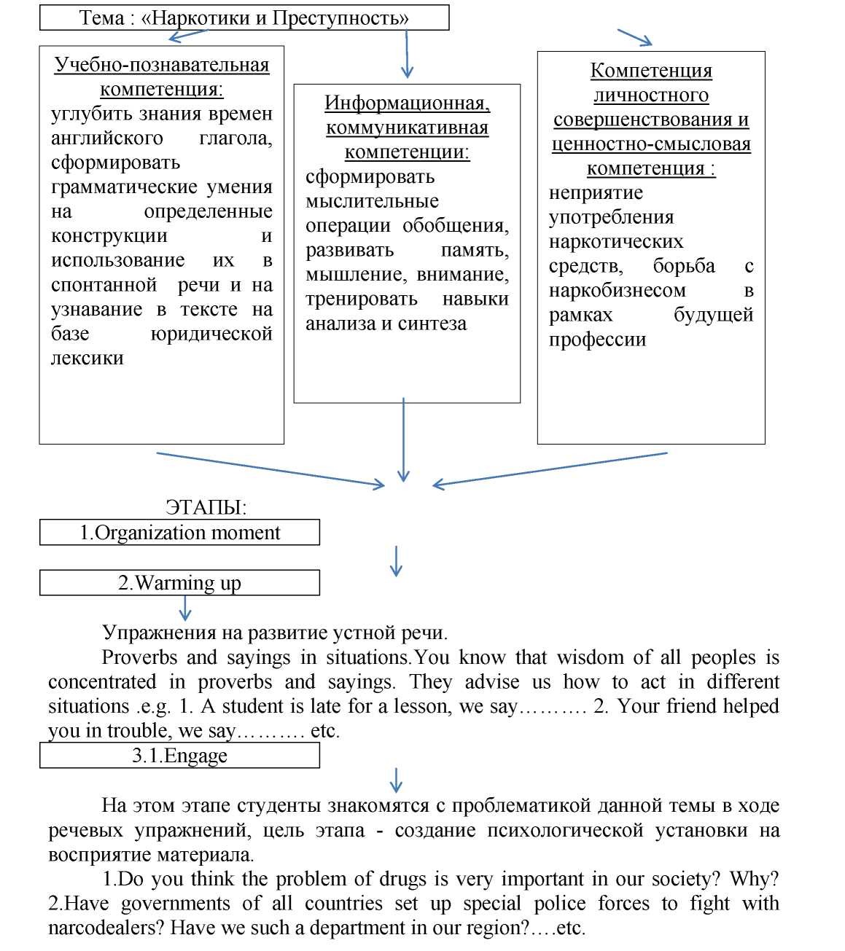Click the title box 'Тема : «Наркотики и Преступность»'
click(x=244, y=18)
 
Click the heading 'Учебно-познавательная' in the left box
click(x=162, y=65)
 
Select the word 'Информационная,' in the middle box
click(x=407, y=103)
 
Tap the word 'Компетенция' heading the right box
click(x=650, y=71)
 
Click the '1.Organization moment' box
click(x=179, y=533)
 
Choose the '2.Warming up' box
click(x=179, y=583)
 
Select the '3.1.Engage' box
click(x=179, y=756)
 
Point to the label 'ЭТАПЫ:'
click(x=206, y=507)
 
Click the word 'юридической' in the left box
click(x=211, y=334)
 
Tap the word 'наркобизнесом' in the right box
click(x=617, y=291)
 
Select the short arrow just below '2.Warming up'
click(x=185, y=608)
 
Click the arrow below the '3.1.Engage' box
click(x=396, y=780)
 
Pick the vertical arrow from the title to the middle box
click(x=407, y=55)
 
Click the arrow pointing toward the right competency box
click(x=634, y=38)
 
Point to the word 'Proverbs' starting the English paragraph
click(x=139, y=657)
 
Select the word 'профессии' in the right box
click(x=597, y=340)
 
